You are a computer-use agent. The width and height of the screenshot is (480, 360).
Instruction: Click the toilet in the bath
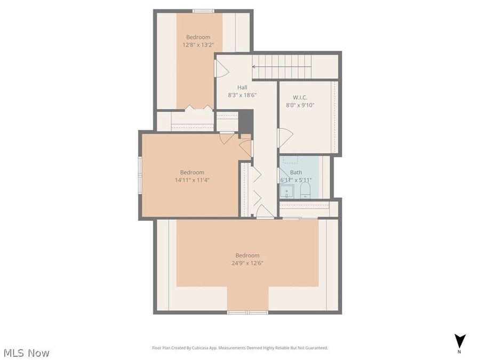coord(305,191)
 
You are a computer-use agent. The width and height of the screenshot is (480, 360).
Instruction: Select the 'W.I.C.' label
coord(300,98)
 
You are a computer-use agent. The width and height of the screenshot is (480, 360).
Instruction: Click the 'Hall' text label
coord(242,87)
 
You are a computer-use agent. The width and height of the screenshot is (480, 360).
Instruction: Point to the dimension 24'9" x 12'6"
coord(247,263)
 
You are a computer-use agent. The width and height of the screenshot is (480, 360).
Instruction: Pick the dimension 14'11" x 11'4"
coord(192,180)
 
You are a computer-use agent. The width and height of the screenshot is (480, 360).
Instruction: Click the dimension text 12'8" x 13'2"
coord(198,45)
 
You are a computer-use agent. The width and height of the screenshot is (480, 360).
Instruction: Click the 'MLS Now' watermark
coord(26,353)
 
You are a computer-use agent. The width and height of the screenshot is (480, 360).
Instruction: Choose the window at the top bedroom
coord(203,11)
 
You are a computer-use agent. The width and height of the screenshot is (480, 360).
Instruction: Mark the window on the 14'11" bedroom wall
coord(140,174)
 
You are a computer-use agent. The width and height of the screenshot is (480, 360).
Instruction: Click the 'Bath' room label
coord(296,172)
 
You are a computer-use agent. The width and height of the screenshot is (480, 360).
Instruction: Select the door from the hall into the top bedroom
coord(221,68)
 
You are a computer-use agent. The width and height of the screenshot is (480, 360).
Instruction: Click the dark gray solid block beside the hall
coord(245,121)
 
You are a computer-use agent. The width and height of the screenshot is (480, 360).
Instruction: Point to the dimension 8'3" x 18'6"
coord(243,94)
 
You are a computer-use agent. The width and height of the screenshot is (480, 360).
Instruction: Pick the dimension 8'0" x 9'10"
coord(300,105)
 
